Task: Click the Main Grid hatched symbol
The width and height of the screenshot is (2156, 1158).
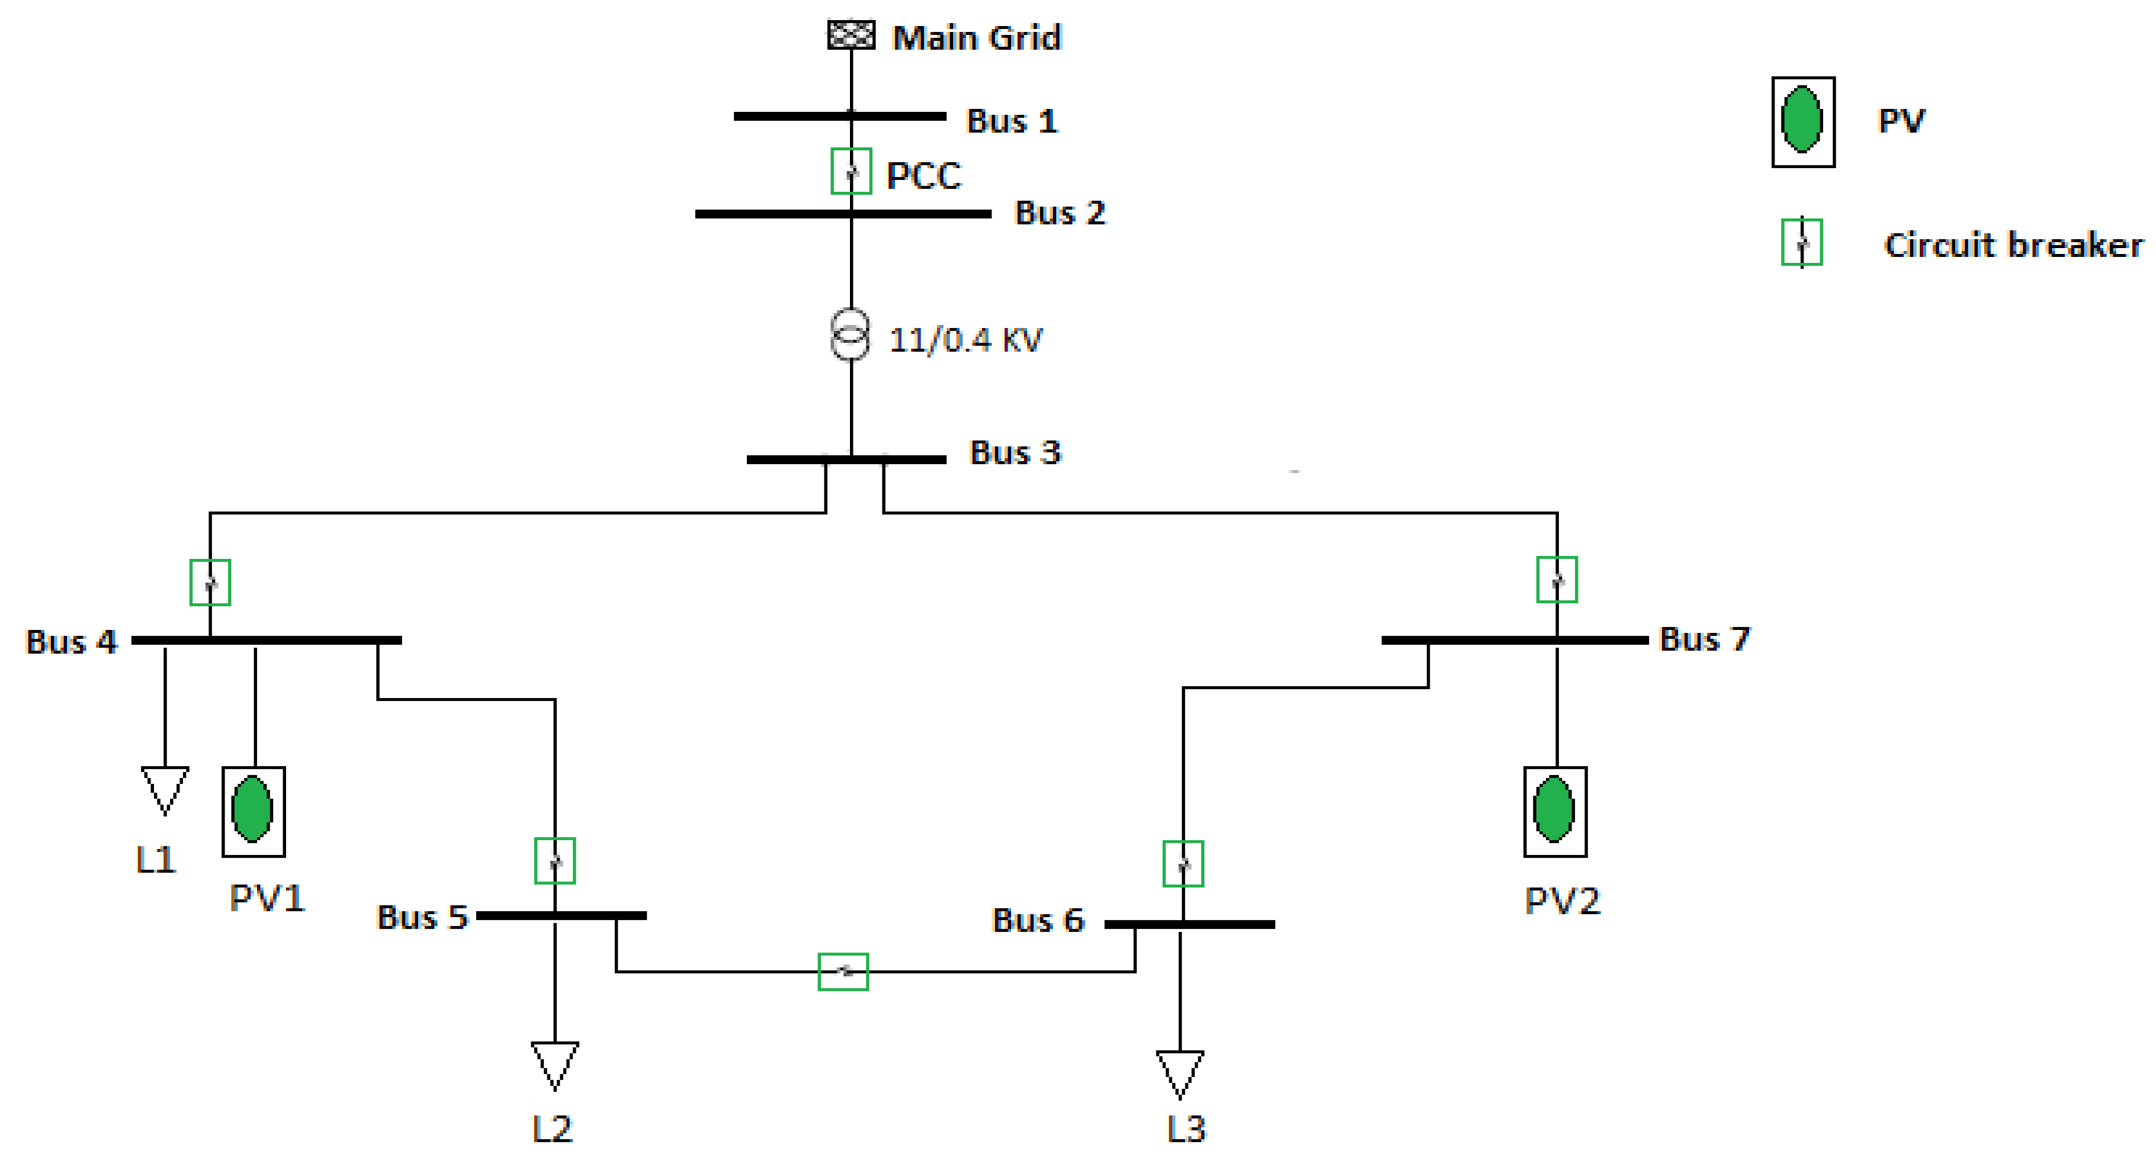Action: [x=851, y=35]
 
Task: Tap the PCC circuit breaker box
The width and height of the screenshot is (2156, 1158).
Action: [x=851, y=172]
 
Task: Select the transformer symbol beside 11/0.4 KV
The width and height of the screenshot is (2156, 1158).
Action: [x=849, y=334]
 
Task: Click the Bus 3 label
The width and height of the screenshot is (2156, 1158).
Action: [x=1015, y=453]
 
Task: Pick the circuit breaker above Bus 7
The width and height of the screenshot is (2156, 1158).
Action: [x=1557, y=580]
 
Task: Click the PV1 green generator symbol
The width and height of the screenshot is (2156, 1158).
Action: [x=253, y=810]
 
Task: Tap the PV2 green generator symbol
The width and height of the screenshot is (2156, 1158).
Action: [x=1554, y=810]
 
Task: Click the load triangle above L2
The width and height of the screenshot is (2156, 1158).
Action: [x=555, y=1063]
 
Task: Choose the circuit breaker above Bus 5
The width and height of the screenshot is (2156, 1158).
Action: [x=555, y=861]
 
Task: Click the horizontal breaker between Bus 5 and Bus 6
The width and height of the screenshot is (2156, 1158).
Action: [x=843, y=972]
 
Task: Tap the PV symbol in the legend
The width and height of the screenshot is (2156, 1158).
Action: [x=1803, y=122]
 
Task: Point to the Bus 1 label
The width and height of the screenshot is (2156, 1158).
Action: [x=1012, y=121]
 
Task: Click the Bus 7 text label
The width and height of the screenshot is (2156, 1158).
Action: [x=1704, y=639]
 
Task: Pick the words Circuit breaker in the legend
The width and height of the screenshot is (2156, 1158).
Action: [x=2013, y=245]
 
